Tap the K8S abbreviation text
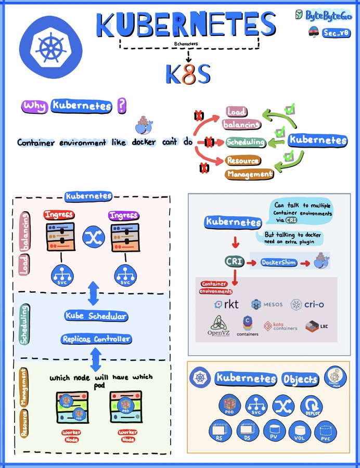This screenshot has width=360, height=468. coord(188,74)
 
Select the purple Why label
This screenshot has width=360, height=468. coord(35,106)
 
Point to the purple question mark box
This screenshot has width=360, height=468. coord(121,106)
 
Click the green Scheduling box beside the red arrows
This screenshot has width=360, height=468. coord(246,142)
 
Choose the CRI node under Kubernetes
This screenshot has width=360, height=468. coord(235,262)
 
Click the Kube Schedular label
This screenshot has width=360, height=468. coord(96,316)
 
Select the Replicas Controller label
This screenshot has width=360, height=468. coord(96,339)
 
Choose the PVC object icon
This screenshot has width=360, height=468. coord(327,431)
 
